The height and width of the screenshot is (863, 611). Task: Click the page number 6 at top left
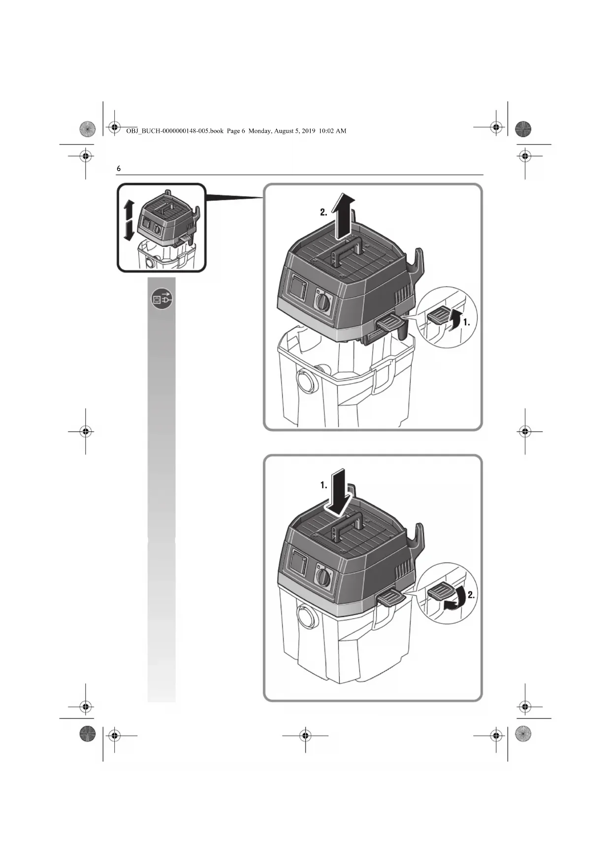118,168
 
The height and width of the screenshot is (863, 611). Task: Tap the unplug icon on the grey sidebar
162,299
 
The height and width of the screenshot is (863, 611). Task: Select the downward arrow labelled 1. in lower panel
340,491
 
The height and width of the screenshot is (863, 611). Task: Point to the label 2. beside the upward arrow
323,213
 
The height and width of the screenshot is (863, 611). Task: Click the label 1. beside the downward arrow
323,485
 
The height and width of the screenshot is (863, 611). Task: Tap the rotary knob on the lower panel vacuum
323,577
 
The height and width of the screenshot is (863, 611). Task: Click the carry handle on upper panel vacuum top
348,250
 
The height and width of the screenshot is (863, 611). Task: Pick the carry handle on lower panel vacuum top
348,525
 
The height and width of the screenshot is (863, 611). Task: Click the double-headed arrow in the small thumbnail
128,220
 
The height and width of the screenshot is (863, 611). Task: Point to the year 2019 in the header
308,131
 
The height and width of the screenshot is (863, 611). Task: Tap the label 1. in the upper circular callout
466,323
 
